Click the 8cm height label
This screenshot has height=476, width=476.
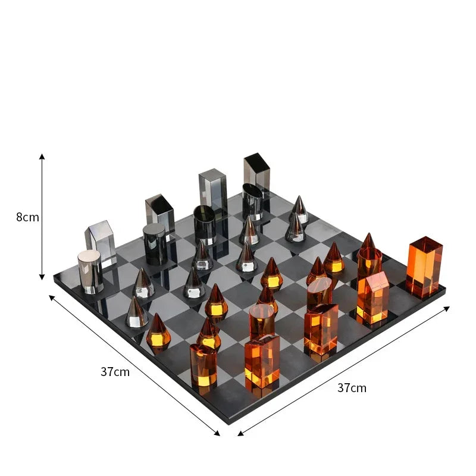coord(27,217)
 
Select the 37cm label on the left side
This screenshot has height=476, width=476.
coord(115,372)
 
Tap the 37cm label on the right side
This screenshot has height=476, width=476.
coord(352,388)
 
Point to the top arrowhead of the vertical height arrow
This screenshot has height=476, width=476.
coord(42,156)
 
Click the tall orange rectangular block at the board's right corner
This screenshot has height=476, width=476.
coord(424,267)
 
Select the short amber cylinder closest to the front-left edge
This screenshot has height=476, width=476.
coord(203,364)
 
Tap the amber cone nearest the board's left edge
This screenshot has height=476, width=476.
coord(158,331)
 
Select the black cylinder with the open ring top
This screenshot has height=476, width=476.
coord(205,224)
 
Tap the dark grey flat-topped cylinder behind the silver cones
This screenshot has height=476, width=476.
coord(155,243)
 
